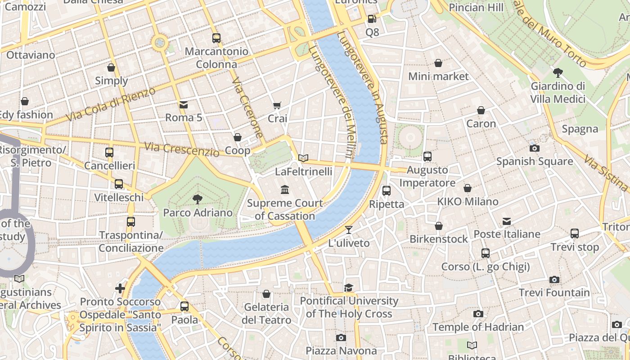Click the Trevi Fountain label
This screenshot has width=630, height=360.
554,293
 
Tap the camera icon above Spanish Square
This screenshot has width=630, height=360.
535,148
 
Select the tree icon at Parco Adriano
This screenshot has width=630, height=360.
197,199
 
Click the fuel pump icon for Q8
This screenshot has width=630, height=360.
372,19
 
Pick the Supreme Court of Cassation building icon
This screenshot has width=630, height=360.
285,189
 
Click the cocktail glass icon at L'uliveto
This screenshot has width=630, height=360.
349,230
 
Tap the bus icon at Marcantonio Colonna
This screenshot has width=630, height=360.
216,38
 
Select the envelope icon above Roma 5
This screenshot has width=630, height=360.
184,105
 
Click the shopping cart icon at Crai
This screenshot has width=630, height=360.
277,105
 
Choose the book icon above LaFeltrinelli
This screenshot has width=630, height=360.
303,158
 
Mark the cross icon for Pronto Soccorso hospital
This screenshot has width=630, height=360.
120,288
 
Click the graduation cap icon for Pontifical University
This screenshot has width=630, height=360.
349,288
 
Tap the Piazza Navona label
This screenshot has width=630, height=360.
341,351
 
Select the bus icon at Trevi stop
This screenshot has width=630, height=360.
575,234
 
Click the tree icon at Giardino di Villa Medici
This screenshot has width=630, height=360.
558,72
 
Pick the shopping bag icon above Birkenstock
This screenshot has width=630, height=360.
439,226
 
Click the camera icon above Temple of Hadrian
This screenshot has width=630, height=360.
478,314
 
